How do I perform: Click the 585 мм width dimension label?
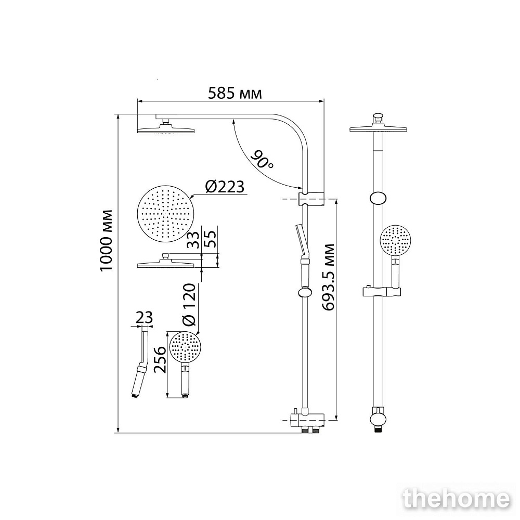point(235,94)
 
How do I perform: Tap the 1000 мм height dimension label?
point(106,240)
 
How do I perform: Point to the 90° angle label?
point(263,159)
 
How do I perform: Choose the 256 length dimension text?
point(161,360)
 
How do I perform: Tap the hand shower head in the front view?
point(397,241)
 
